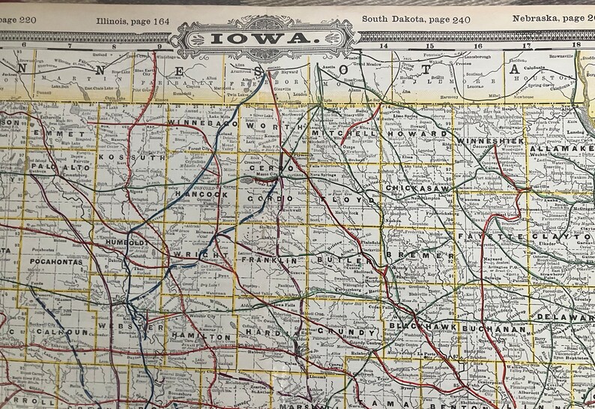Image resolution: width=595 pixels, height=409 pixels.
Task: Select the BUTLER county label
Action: tap(343, 259)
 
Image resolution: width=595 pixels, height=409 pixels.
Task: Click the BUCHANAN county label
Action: tap(492, 329)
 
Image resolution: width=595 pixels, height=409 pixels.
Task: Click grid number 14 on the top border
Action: tap(385, 46)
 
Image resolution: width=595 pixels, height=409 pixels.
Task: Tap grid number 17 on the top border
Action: tap(527, 46)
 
